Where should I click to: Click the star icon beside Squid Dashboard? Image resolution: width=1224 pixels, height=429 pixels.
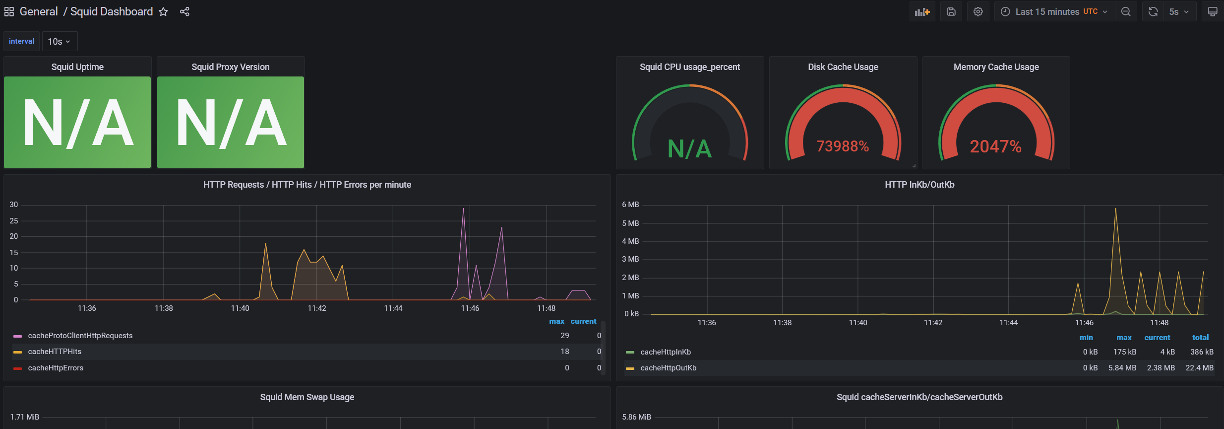pyautogui.click(x=163, y=12)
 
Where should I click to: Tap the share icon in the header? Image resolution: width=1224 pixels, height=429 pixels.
pyautogui.click(x=184, y=12)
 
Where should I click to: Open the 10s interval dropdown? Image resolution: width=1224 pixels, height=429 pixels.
pyautogui.click(x=60, y=42)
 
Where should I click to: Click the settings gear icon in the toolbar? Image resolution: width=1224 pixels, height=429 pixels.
pyautogui.click(x=978, y=12)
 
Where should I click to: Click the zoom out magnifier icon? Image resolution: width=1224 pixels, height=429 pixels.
pyautogui.click(x=1126, y=12)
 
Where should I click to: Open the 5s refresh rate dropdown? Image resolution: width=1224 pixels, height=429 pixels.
pyautogui.click(x=1179, y=12)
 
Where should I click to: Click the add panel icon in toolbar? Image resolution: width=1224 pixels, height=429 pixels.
pyautogui.click(x=922, y=12)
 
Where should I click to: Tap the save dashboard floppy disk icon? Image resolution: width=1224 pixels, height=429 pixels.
pyautogui.click(x=951, y=12)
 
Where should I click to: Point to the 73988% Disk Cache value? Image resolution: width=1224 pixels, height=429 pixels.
pyautogui.click(x=843, y=146)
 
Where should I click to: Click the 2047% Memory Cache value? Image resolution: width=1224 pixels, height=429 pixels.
pyautogui.click(x=995, y=146)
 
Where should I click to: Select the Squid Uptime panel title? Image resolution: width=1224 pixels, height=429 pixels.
pyautogui.click(x=77, y=67)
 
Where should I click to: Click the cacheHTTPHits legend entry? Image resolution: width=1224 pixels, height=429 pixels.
pyautogui.click(x=55, y=352)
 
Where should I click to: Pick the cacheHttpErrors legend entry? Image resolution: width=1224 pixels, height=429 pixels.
pyautogui.click(x=56, y=368)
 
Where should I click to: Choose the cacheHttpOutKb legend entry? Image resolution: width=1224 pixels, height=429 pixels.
pyautogui.click(x=668, y=368)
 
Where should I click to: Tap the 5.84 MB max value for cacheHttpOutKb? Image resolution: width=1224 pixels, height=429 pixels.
pyautogui.click(x=1122, y=368)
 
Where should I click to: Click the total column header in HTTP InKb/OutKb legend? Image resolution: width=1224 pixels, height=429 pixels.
pyautogui.click(x=1200, y=338)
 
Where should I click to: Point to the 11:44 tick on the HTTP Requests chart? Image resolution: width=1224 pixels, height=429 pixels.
pyautogui.click(x=393, y=308)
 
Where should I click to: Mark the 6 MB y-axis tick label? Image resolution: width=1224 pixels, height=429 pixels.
pyautogui.click(x=630, y=205)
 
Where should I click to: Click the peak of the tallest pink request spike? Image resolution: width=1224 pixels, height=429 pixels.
pyautogui.click(x=463, y=208)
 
